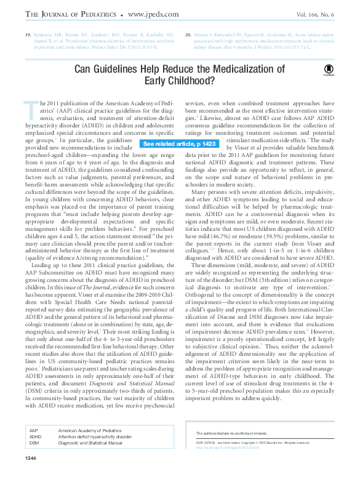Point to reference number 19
[x=28, y=36]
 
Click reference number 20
[x=188, y=36]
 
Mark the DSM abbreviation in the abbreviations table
[x=34, y=443]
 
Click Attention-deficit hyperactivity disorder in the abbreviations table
[x=95, y=436]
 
